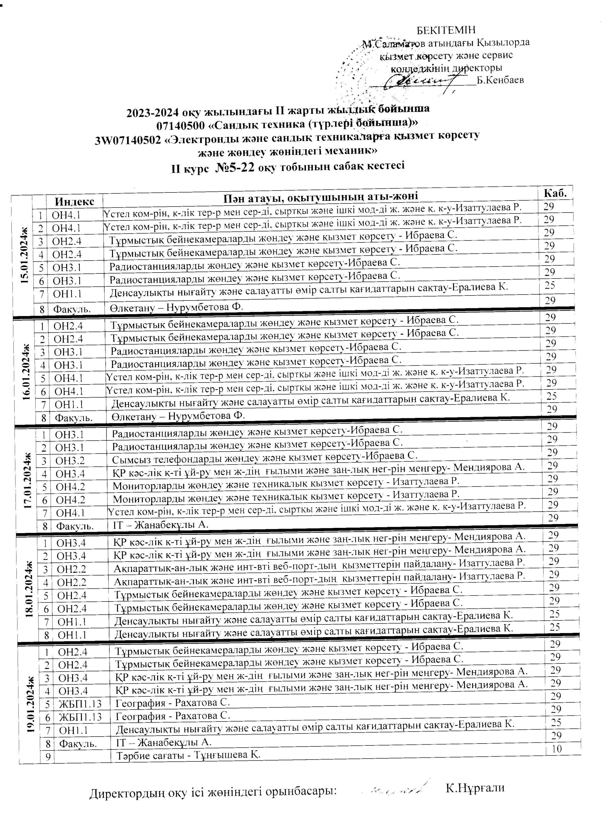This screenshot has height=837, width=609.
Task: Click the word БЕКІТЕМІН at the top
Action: click(446, 30)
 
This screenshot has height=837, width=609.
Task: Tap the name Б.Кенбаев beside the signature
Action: click(500, 80)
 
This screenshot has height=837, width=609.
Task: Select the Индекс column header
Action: click(74, 201)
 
